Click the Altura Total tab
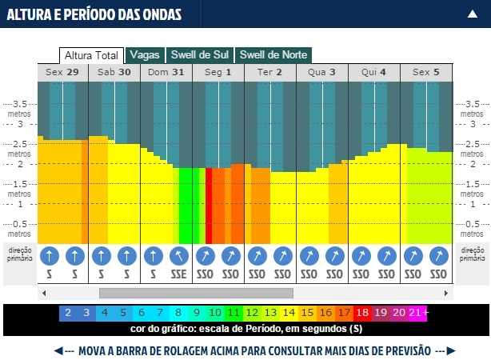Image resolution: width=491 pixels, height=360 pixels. [x=91, y=55]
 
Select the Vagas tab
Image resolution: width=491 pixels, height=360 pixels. [x=145, y=55]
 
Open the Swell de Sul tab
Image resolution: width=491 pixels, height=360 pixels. [x=200, y=55]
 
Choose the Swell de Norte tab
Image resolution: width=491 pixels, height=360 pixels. [x=273, y=55]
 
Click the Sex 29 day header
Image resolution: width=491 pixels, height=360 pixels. [x=62, y=72]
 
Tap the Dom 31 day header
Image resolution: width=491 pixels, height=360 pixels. [x=166, y=72]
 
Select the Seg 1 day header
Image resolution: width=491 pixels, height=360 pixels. [x=218, y=72]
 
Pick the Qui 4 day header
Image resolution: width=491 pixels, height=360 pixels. [x=374, y=72]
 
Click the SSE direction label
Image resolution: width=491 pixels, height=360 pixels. [x=179, y=274]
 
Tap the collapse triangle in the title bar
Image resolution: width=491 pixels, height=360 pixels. [x=473, y=14]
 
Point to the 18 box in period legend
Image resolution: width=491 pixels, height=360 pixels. [x=361, y=313]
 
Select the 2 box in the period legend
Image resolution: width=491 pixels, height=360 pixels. [x=68, y=313]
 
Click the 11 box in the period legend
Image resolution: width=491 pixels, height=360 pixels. [x=234, y=313]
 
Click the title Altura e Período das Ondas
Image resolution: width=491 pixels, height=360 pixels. [x=94, y=14]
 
